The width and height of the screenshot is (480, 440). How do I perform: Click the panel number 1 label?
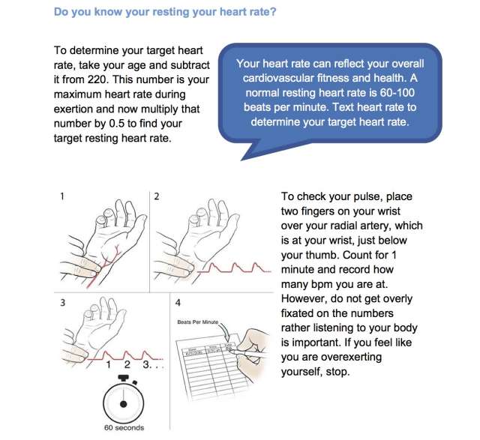click(61, 196)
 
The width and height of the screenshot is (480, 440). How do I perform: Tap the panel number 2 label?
click(156, 196)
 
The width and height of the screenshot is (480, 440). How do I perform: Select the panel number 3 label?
click(61, 304)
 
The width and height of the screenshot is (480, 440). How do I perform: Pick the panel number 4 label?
click(177, 304)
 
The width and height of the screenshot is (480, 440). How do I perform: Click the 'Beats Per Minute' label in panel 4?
click(197, 322)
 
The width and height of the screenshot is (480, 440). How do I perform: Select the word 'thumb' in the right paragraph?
click(310, 254)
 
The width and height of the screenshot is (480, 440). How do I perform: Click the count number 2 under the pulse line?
click(128, 365)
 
